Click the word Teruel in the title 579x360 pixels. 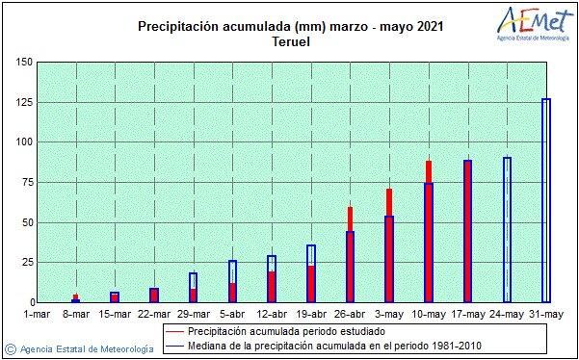coord(289,42)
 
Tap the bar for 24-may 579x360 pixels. coord(507,230)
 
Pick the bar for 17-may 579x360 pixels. coord(467,231)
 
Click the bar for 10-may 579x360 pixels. coord(429,231)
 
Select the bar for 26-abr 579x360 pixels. coord(350,255)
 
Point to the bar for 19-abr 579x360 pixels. coord(310,274)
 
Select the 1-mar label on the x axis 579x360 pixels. coord(36,314)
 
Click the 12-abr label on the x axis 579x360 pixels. coord(272,314)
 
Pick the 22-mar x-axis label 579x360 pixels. coord(153,314)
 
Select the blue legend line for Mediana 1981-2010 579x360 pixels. coord(171,345)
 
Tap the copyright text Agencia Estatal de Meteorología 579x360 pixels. coord(85,347)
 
